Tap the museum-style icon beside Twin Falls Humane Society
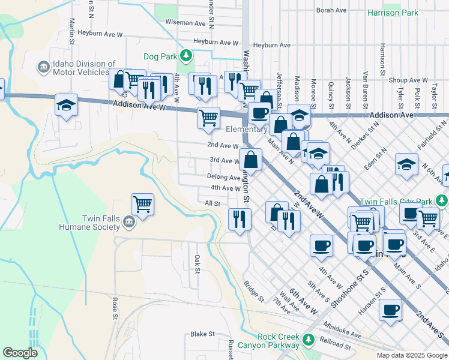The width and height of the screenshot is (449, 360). [128, 223]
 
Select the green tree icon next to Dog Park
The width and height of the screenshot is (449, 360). [186, 56]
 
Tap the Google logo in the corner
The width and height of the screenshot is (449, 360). [20, 352]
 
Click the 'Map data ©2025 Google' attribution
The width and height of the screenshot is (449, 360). [411, 355]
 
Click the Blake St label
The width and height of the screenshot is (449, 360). [202, 334]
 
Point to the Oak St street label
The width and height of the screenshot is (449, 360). [196, 262]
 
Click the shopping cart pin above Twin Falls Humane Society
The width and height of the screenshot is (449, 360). [143, 203]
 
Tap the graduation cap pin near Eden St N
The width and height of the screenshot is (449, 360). [407, 165]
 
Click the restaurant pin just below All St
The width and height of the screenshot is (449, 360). [240, 218]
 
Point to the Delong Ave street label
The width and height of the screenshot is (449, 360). [223, 177]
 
